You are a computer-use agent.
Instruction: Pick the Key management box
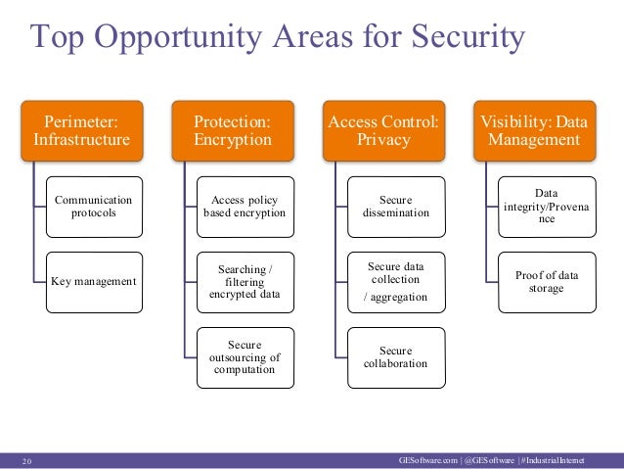(x=94, y=282)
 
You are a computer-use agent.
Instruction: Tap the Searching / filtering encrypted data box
(x=245, y=282)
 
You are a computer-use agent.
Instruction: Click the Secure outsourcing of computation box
(x=245, y=357)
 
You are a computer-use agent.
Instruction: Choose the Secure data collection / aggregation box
(x=395, y=282)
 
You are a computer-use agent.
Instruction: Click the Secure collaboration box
(x=395, y=357)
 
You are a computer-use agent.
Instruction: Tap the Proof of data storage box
(x=547, y=282)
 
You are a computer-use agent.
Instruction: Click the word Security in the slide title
(x=462, y=38)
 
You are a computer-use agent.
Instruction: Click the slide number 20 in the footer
(x=26, y=458)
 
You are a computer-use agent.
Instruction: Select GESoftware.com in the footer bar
(x=429, y=458)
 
